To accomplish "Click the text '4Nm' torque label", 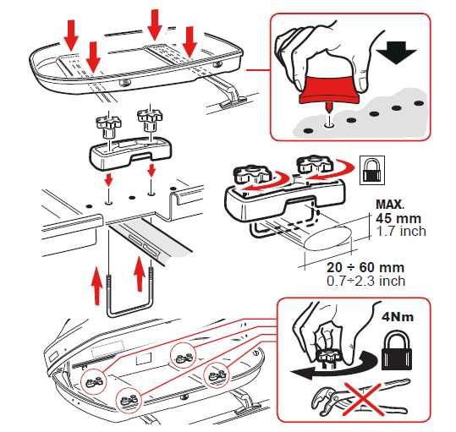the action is [398, 317].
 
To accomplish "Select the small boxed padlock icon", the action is [372, 170].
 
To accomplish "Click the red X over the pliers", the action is [363, 398].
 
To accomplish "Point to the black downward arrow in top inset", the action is [397, 53].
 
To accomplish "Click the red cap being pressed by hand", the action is [329, 90].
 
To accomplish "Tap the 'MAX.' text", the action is [390, 205].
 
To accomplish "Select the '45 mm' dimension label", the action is [398, 218].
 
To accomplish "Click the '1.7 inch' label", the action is [401, 232].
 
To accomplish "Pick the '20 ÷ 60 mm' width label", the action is [365, 267].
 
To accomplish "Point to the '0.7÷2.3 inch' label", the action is [365, 281].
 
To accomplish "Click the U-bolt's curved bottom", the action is [129, 313].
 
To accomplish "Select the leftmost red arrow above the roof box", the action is [71, 36].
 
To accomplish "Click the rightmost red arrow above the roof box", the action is [190, 41].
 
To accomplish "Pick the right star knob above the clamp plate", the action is [149, 119].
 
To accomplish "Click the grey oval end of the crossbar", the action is [328, 238].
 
